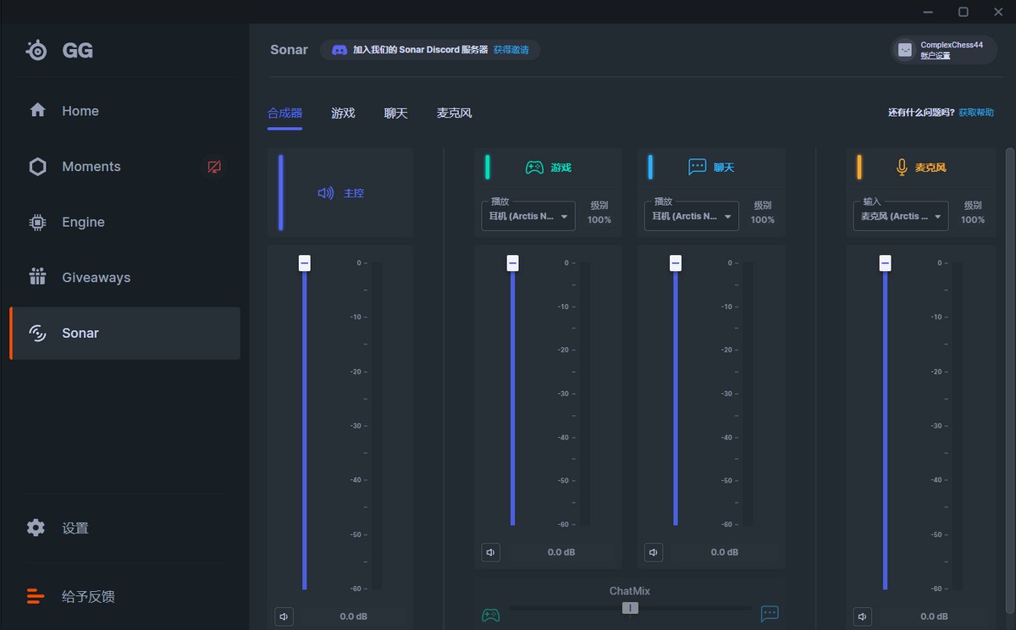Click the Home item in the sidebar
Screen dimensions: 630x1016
80,111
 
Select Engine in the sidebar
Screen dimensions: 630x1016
83,222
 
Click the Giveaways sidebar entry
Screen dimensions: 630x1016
96,278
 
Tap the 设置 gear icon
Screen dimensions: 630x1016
36,528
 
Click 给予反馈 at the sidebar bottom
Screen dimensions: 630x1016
88,596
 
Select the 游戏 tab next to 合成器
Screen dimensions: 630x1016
343,113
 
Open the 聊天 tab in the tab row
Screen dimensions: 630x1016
395,113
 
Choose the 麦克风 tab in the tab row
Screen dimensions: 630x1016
454,113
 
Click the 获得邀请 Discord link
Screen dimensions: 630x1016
511,50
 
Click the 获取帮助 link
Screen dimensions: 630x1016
976,113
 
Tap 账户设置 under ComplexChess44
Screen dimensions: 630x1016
936,56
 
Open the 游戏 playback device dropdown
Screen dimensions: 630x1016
527,216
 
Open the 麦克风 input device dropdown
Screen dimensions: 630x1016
900,216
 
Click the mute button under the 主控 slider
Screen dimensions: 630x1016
284,616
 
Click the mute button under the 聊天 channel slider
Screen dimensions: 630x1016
654,552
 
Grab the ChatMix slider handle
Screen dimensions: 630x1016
630,608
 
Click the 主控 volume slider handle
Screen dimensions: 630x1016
305,263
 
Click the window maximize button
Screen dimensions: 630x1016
964,12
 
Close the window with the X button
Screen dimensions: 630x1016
998,12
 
